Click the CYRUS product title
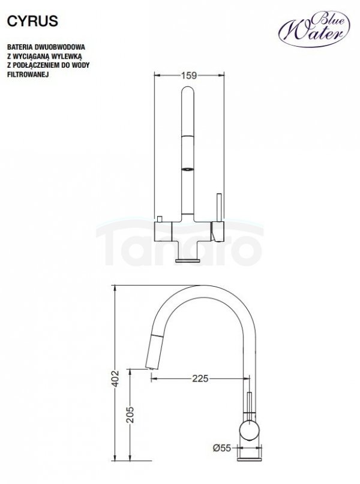click(x=32, y=21)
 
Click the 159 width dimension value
click(x=189, y=76)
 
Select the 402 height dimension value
click(x=115, y=378)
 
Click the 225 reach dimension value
click(x=200, y=378)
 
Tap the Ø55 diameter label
click(x=221, y=447)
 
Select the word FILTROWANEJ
click(x=28, y=75)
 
